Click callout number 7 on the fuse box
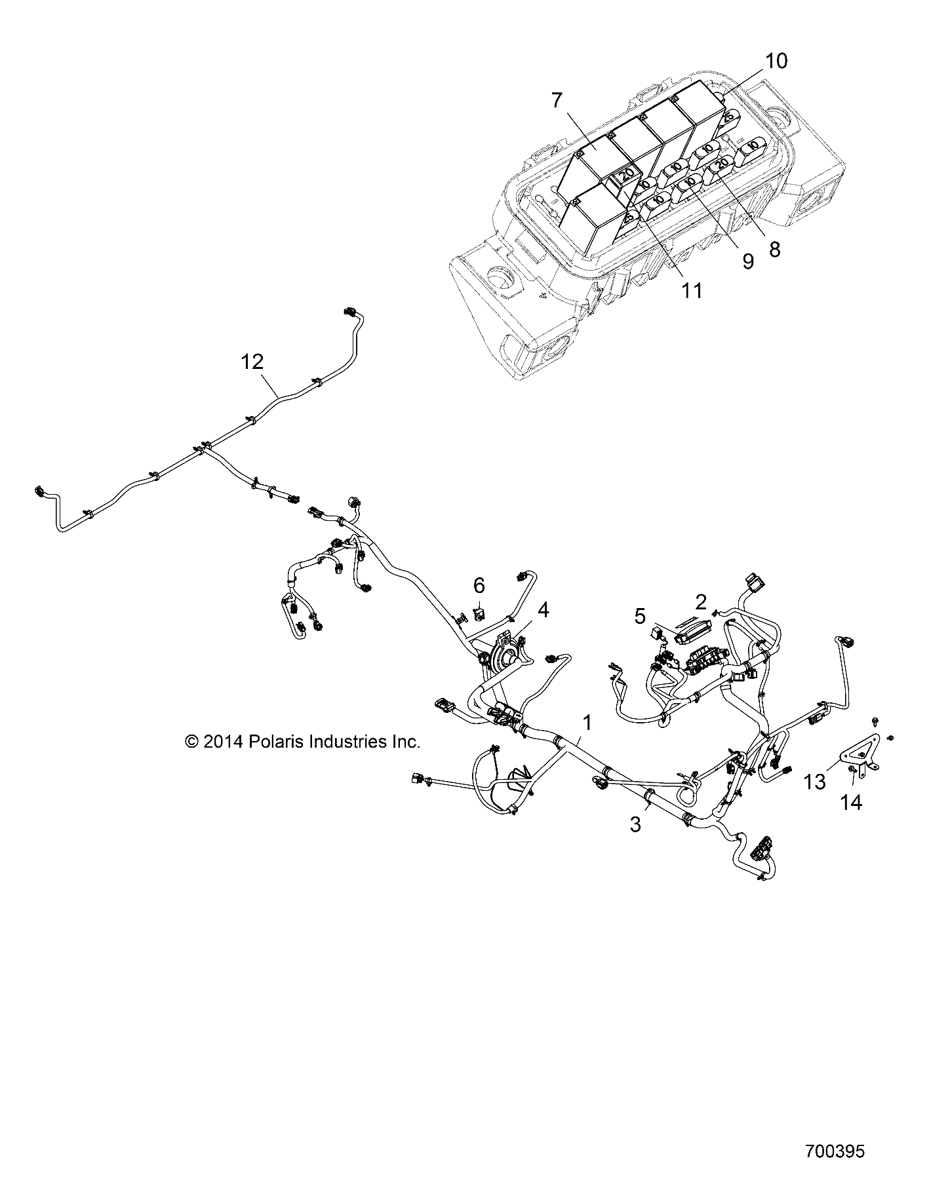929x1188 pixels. (x=557, y=101)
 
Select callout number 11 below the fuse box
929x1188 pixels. (x=691, y=290)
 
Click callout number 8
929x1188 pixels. (x=774, y=249)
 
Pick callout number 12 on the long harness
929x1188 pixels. (x=252, y=361)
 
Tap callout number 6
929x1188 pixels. (x=479, y=585)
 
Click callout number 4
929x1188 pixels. (x=543, y=611)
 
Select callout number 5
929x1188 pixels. (x=640, y=616)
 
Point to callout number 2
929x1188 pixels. (x=700, y=601)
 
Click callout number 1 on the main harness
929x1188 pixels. (x=587, y=723)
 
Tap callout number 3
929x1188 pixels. (x=635, y=824)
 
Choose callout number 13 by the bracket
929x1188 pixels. (x=816, y=782)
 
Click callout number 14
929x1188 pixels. (x=852, y=801)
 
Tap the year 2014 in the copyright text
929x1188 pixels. (x=223, y=742)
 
